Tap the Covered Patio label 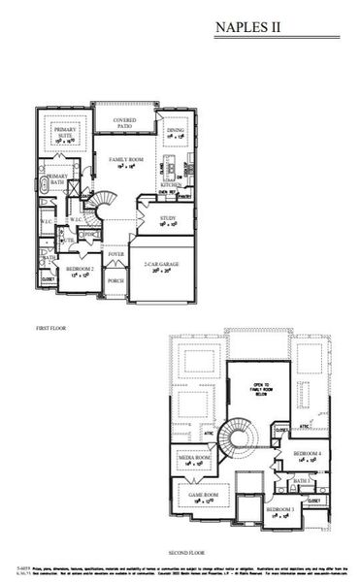pyautogui.click(x=123, y=122)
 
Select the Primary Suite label pyautogui.click(x=65, y=133)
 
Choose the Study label pyautogui.click(x=168, y=218)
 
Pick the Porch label pyautogui.click(x=115, y=281)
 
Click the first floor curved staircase pyautogui.click(x=106, y=206)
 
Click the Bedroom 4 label pyautogui.click(x=306, y=454)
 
